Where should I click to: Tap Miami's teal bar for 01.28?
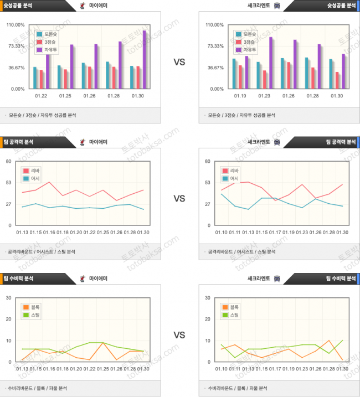(x=107, y=75)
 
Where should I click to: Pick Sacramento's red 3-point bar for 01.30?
(x=337, y=80)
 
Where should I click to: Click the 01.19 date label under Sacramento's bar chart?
(x=241, y=96)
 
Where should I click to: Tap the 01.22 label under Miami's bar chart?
(x=41, y=96)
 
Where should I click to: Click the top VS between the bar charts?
(x=179, y=63)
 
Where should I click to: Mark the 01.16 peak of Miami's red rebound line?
(x=50, y=182)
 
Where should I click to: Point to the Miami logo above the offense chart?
(x=83, y=142)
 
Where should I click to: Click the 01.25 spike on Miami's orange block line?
(x=104, y=343)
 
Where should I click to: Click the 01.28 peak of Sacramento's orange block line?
(x=330, y=341)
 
